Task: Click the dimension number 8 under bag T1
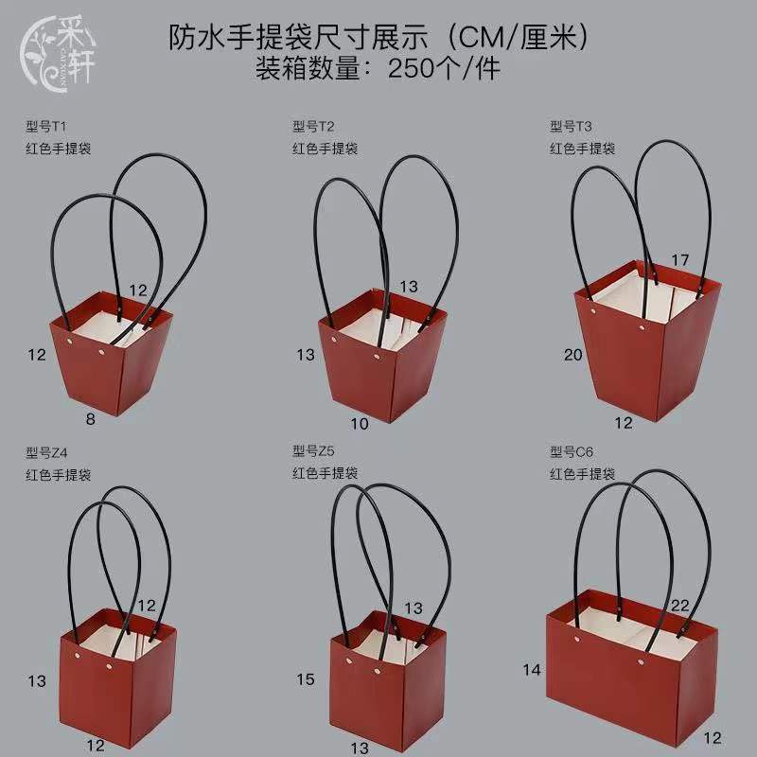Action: (92, 417)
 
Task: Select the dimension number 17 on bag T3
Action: (680, 260)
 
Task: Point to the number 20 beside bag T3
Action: (572, 356)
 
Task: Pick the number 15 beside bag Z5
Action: (305, 678)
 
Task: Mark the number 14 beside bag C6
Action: (531, 670)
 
